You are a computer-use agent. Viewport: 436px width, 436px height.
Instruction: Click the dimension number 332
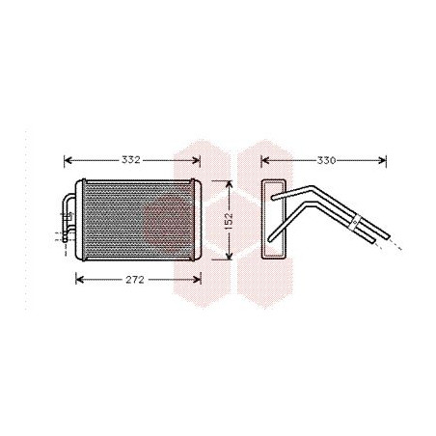[x=133, y=159]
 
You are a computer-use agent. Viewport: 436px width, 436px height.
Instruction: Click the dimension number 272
[x=136, y=280]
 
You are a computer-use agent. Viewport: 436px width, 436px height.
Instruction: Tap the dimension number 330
[x=325, y=159]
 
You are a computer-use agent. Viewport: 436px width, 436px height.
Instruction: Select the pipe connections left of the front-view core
[x=68, y=217]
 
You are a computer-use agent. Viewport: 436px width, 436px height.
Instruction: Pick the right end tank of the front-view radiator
[x=197, y=219]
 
